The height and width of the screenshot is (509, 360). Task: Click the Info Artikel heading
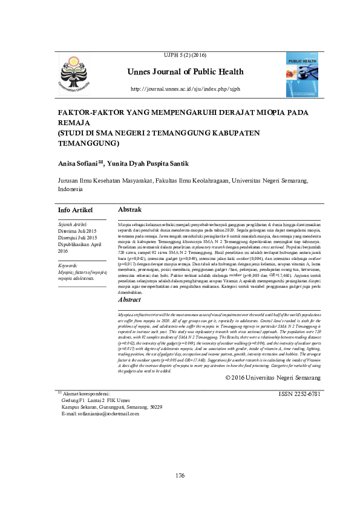click(x=75, y=210)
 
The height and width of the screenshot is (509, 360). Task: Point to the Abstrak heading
click(x=129, y=209)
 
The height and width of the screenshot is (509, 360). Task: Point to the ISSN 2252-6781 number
click(x=299, y=394)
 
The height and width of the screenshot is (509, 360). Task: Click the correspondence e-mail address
click(x=100, y=414)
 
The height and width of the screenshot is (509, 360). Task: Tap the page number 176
click(x=180, y=476)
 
